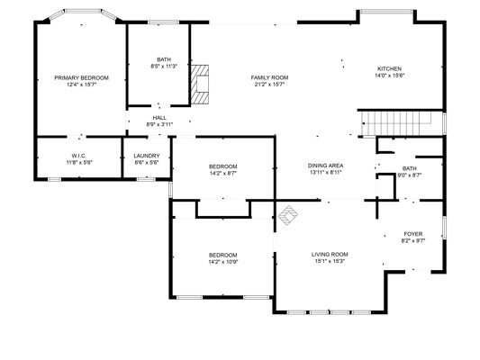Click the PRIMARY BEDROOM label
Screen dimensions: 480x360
click(x=81, y=78)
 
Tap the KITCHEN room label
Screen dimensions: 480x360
click(x=389, y=68)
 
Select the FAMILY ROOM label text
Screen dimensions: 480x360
click(x=269, y=77)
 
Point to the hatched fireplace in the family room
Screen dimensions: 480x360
click(x=200, y=84)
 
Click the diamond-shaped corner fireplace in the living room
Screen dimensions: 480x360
click(x=288, y=215)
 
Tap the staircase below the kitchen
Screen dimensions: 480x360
click(x=397, y=123)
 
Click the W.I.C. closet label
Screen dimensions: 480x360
click(x=79, y=156)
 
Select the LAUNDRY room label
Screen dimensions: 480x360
click(x=147, y=156)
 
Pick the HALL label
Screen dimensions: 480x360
click(x=159, y=118)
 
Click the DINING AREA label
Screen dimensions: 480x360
click(x=325, y=166)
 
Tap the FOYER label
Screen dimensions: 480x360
click(x=413, y=234)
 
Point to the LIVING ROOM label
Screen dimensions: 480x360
click(x=330, y=255)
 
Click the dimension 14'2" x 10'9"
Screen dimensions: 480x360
click(x=222, y=262)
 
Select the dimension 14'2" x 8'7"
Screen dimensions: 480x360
click(x=222, y=173)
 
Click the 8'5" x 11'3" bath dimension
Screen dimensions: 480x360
click(x=164, y=66)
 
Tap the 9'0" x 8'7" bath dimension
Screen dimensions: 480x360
click(x=409, y=175)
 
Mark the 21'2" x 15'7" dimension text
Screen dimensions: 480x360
click(x=269, y=85)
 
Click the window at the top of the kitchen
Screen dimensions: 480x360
click(x=386, y=12)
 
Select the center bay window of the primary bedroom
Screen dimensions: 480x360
click(x=83, y=11)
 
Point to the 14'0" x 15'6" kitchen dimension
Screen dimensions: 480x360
click(x=389, y=76)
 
